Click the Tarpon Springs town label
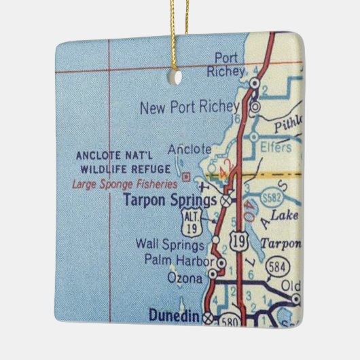170,200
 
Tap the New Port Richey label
188,107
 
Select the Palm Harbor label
179,259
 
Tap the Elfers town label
276,146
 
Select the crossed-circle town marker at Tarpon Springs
226,201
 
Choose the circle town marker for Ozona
212,274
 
